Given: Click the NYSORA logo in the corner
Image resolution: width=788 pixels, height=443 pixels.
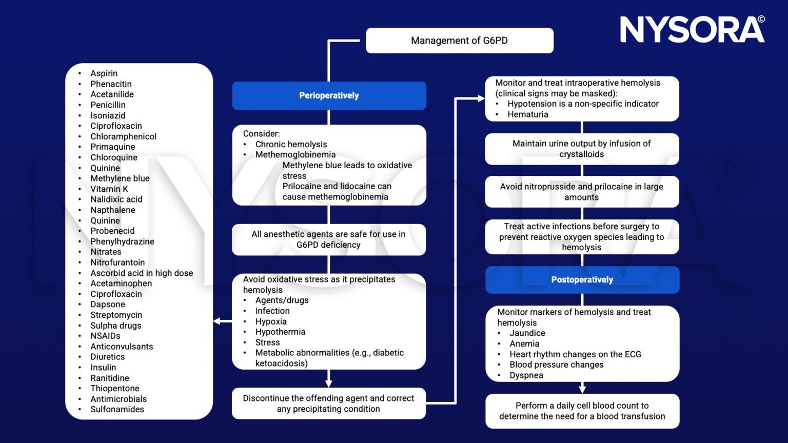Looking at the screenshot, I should tap(692, 30).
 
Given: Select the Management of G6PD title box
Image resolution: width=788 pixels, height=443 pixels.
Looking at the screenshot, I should tap(459, 41).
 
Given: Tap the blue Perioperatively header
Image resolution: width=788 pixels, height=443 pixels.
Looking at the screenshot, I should tap(329, 95).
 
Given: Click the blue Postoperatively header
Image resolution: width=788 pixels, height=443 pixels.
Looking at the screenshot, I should tap(582, 279).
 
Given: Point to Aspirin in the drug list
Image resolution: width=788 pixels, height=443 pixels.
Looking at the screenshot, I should tap(104, 73).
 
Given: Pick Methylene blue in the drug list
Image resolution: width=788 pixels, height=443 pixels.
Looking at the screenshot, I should tap(120, 178).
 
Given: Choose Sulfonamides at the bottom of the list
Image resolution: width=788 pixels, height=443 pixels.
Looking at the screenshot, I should tap(117, 409).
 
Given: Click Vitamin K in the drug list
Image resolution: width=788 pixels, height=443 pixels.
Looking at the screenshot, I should tap(109, 189).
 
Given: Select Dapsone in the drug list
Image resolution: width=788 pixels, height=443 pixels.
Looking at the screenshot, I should tap(107, 304).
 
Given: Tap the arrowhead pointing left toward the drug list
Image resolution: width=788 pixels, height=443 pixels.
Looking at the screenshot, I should tap(217, 321).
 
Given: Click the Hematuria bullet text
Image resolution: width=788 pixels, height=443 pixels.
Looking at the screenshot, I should tap(527, 114).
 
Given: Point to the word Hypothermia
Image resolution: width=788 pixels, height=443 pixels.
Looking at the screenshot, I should tap(280, 332).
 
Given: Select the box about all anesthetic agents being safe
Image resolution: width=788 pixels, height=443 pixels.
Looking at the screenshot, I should tap(328, 239).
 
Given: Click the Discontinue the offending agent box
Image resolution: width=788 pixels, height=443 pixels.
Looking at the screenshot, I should tap(328, 404).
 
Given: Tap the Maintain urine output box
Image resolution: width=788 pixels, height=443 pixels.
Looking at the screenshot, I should tap(581, 149).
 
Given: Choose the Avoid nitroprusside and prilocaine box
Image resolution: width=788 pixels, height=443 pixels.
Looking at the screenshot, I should tap(581, 192).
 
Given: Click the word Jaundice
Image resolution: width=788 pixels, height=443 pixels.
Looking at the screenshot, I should tap(527, 333).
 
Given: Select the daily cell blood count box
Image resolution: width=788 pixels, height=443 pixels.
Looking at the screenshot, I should tap(582, 411).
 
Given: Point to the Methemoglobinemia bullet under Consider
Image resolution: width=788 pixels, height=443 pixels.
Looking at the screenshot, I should tap(295, 154).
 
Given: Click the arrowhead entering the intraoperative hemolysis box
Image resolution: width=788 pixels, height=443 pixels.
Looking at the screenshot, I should tap(481, 98).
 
